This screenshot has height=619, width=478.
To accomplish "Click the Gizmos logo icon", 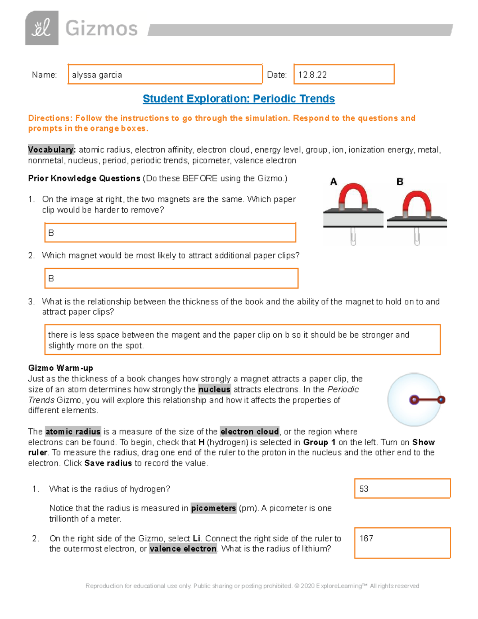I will [x=42, y=28].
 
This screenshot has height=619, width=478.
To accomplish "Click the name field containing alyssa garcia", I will [x=165, y=75].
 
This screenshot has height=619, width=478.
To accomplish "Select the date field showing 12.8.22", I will [x=344, y=75].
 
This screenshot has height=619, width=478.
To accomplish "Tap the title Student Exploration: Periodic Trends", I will [x=239, y=98].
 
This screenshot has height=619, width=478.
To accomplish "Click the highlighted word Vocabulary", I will [x=51, y=150].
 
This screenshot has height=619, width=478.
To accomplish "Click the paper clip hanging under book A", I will [x=353, y=236].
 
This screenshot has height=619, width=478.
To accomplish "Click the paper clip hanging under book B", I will [x=417, y=236].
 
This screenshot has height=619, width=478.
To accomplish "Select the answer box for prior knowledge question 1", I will [x=170, y=233].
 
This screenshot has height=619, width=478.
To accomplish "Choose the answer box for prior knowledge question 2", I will [x=171, y=278].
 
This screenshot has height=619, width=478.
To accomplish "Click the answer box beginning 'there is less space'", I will [x=242, y=340].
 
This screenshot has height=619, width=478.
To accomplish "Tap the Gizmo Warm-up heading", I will [x=61, y=368].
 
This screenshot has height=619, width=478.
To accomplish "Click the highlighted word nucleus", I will [x=214, y=389].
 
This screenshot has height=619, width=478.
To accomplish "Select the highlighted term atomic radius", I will [x=73, y=432].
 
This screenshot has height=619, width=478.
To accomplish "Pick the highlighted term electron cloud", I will [x=250, y=432].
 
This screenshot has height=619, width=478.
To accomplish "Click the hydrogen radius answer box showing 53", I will [x=402, y=489].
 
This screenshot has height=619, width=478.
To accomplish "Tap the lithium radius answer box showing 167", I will [x=402, y=543].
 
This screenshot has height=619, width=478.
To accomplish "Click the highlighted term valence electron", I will [x=183, y=549].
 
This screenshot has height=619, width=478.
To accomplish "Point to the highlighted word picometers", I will [x=214, y=508].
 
